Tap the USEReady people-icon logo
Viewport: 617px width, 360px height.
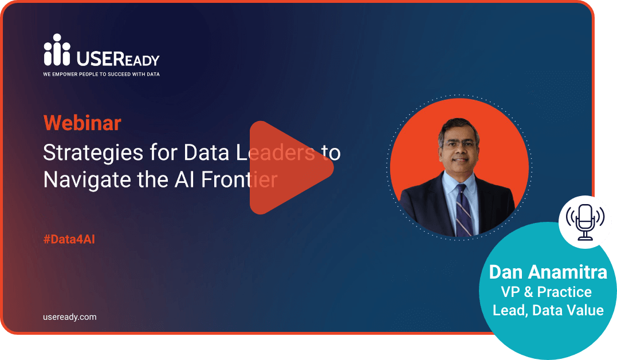pos(57,50)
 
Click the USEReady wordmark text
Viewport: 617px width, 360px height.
pos(117,59)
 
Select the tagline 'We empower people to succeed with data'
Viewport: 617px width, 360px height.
pos(101,74)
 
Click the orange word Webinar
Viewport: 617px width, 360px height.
pos(82,123)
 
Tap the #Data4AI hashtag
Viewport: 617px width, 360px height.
pos(69,239)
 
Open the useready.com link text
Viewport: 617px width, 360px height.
pos(70,317)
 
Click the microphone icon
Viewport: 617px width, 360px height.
pos(585,222)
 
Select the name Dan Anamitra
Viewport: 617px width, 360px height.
pos(548,272)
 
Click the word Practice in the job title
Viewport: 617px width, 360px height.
pos(564,292)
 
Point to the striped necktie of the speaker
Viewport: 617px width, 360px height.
pos(463,211)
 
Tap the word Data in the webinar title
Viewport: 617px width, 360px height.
pos(206,153)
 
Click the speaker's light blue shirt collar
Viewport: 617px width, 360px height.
pos(459,181)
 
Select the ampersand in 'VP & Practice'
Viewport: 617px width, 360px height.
pos(528,292)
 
